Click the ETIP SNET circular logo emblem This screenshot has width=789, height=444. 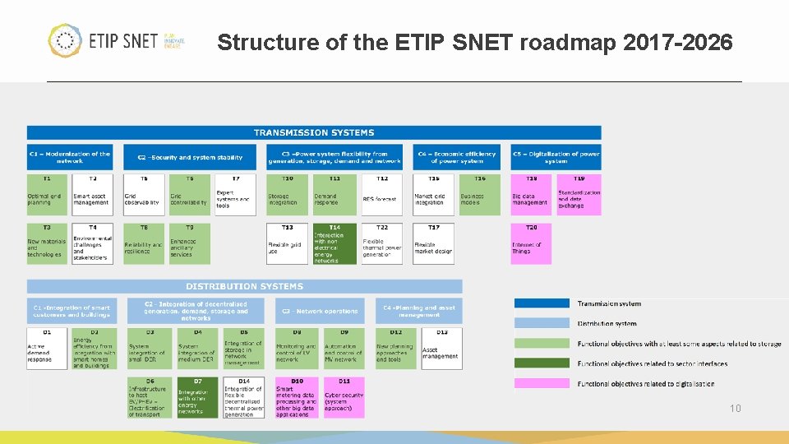(64, 40)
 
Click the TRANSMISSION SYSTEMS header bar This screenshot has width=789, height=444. (313, 132)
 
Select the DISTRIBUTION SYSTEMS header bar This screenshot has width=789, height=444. (244, 286)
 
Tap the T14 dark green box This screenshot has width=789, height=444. (335, 244)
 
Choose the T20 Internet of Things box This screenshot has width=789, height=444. (531, 244)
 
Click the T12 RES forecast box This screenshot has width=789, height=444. (382, 195)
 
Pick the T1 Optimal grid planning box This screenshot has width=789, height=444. (47, 195)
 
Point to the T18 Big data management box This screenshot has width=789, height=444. (531, 195)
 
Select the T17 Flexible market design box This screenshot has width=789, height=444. (433, 244)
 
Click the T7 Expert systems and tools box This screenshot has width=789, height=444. (236, 195)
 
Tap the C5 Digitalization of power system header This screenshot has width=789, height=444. (556, 157)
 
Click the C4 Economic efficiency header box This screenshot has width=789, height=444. (457, 157)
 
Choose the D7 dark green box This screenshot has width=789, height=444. (197, 398)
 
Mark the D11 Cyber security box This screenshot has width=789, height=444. (344, 398)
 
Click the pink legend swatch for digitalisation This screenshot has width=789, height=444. (541, 383)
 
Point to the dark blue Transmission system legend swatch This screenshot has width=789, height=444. (541, 303)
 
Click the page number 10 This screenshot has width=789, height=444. (736, 408)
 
